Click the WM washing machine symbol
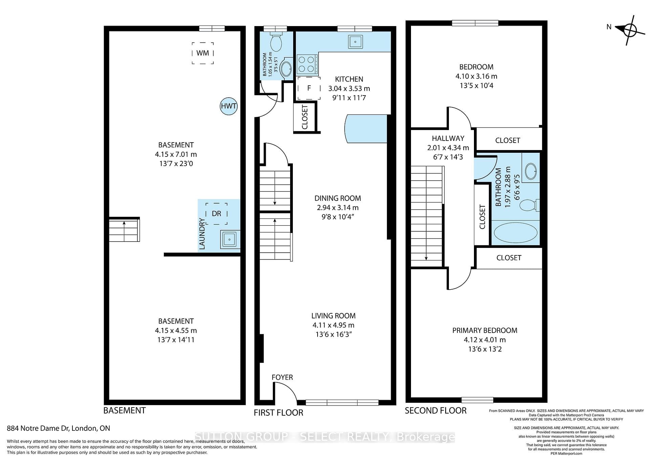pyautogui.click(x=203, y=53)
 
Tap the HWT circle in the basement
pyautogui.click(x=229, y=106)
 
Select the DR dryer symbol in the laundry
pyautogui.click(x=216, y=214)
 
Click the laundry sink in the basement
pyautogui.click(x=230, y=240)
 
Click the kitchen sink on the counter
pyautogui.click(x=355, y=42)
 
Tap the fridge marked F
pyautogui.click(x=309, y=88)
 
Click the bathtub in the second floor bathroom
pyautogui.click(x=516, y=233)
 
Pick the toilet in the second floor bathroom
pyautogui.click(x=529, y=205)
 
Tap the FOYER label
pyautogui.click(x=282, y=377)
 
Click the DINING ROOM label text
pyautogui.click(x=338, y=198)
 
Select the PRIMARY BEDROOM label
pyautogui.click(x=485, y=330)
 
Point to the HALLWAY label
pyautogui.click(x=448, y=138)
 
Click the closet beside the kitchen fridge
pyautogui.click(x=305, y=117)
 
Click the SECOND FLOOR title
pyautogui.click(x=436, y=411)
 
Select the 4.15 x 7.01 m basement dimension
pyautogui.click(x=176, y=154)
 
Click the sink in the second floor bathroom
pyautogui.click(x=530, y=172)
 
